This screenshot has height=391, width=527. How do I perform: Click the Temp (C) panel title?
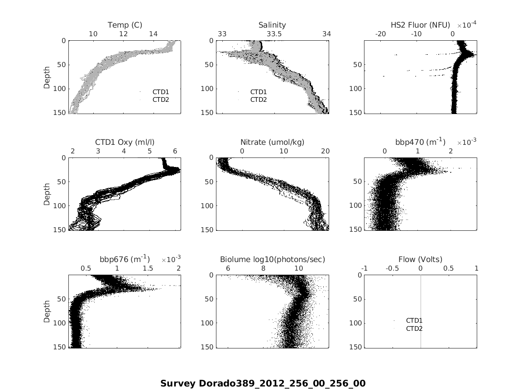pyautogui.click(x=125, y=25)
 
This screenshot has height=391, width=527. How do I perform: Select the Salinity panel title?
pyautogui.click(x=272, y=25)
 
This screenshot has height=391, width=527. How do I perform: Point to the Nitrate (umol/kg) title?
pyautogui.click(x=272, y=142)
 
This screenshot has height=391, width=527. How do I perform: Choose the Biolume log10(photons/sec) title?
pyautogui.click(x=272, y=259)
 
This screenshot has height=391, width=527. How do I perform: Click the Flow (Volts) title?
pyautogui.click(x=420, y=259)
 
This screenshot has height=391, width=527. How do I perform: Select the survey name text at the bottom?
pyautogui.click(x=263, y=383)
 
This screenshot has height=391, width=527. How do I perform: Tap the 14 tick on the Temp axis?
pyautogui.click(x=153, y=34)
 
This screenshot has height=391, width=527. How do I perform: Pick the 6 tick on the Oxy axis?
pyautogui.click(x=175, y=151)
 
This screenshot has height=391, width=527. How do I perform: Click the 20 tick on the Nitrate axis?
pyautogui.click(x=325, y=151)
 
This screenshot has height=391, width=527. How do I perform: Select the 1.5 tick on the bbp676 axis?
pyautogui.click(x=148, y=268)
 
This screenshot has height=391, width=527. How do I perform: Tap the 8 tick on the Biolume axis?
pyautogui.click(x=263, y=268)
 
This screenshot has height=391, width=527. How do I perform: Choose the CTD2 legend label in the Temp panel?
pyautogui.click(x=161, y=100)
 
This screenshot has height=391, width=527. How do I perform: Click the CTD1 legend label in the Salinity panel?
pyautogui.click(x=259, y=92)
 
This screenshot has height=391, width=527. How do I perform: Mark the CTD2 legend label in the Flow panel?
pyautogui.click(x=414, y=329)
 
